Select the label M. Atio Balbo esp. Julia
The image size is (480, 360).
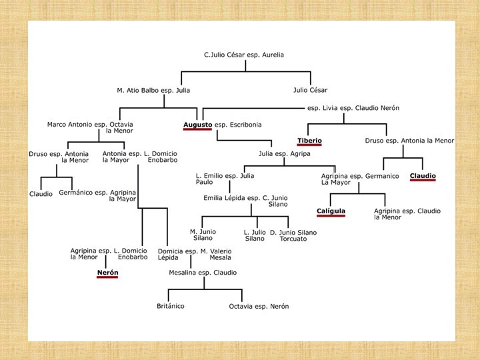[153, 90]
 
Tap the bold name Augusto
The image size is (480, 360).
[197, 125]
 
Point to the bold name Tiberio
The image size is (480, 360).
[309, 141]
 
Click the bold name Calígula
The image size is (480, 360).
[331, 211]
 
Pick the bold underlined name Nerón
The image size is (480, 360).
[107, 273]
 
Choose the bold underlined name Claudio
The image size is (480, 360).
[423, 177]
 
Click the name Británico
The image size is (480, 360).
[170, 306]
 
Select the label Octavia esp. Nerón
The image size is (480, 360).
[259, 306]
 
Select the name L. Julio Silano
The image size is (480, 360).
[255, 235]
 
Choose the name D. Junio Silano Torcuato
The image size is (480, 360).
[293, 235]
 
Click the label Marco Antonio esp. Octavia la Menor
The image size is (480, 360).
[91, 127]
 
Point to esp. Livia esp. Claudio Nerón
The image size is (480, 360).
[353, 108]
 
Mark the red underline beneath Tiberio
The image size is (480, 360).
[309, 145]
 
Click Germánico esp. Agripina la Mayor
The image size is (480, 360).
[97, 196]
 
